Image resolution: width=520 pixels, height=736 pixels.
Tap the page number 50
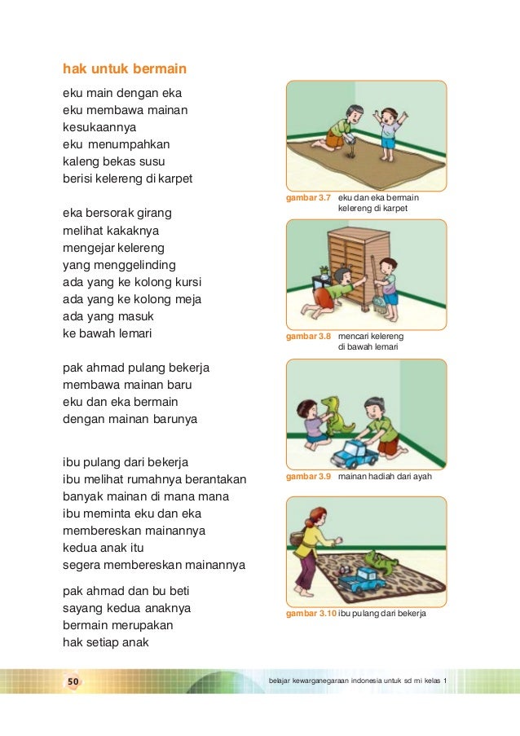[72, 681]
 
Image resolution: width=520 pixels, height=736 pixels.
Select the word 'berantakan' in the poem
[209, 480]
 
